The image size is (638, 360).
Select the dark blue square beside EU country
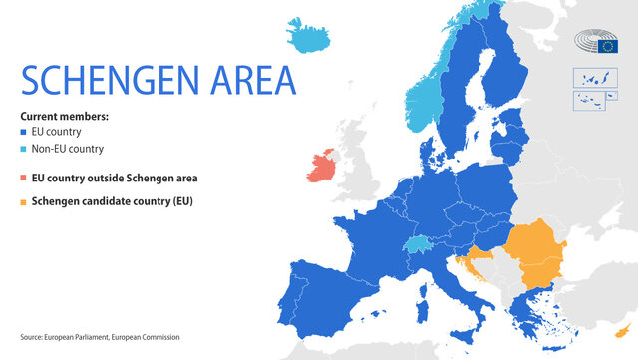coord(25,132)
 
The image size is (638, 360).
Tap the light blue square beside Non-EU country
coord(25,149)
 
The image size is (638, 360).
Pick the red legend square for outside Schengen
coord(25,178)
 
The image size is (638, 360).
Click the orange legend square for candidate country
coord(25,201)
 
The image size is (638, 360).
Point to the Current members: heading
coord(64,116)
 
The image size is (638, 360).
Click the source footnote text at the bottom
coord(100,337)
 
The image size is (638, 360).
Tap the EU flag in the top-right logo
coord(609,46)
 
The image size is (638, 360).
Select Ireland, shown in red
coord(322,168)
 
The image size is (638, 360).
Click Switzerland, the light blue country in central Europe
coord(417,244)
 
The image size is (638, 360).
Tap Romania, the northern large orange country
coord(538,249)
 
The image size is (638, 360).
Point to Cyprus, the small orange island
coord(624,330)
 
